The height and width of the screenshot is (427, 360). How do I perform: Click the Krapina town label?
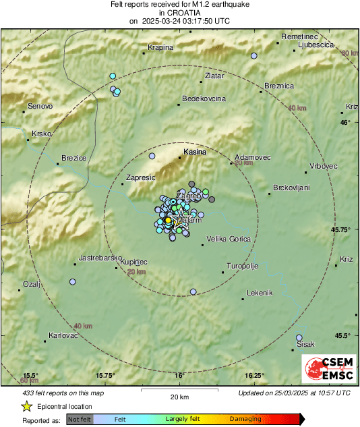pyautogui.click(x=160, y=47)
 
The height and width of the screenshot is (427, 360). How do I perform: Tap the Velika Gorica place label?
pyautogui.click(x=229, y=239)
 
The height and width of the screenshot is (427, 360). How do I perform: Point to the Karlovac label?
pyautogui.click(x=64, y=335)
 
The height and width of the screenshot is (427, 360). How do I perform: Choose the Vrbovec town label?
pyautogui.click(x=324, y=166)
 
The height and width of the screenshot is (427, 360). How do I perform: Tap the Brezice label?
pyautogui.click(x=73, y=158)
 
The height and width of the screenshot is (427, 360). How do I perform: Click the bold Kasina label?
pyautogui.click(x=195, y=152)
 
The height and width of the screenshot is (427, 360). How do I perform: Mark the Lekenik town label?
pyautogui.click(x=260, y=293)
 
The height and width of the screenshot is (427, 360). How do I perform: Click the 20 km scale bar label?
pyautogui.click(x=179, y=396)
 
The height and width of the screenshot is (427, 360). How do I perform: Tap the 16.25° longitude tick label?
pyautogui.click(x=253, y=376)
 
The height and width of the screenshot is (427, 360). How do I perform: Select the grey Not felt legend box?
pyautogui.click(x=80, y=419)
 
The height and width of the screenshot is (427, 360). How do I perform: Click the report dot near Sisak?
pyautogui.click(x=300, y=337)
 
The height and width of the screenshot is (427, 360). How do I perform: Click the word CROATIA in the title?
pyautogui.click(x=179, y=13)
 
